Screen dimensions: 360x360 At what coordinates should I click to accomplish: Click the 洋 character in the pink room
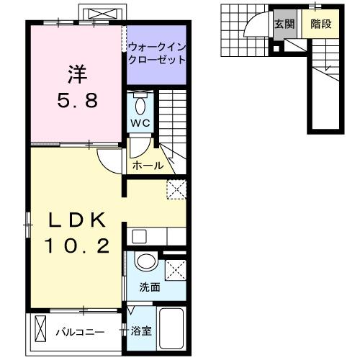click(x=77, y=74)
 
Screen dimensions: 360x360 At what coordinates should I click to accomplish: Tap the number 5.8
click(x=77, y=99)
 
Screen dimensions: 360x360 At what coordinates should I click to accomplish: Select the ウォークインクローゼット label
click(x=156, y=53)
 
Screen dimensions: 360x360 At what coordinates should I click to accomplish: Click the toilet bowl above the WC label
click(x=140, y=105)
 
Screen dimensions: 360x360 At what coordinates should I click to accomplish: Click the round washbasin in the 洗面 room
click(x=146, y=263)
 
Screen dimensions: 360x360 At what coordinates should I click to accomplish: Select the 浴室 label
click(x=141, y=332)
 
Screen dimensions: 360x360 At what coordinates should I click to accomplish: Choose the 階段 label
click(x=320, y=24)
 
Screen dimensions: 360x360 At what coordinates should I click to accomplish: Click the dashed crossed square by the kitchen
click(x=176, y=190)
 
